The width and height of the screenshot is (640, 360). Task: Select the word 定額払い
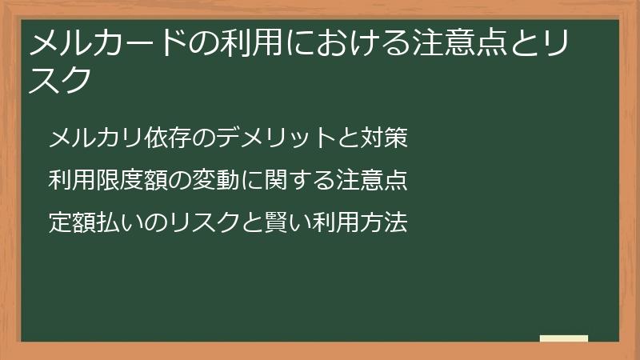point(89,222)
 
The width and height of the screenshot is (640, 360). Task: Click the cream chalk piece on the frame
point(564,338)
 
